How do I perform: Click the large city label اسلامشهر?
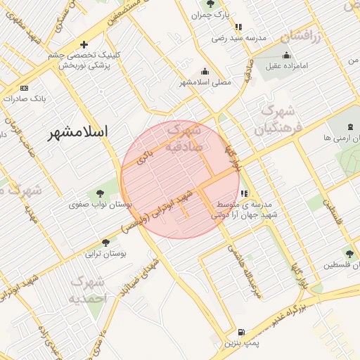point(79,131)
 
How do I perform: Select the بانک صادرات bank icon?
point(25,89)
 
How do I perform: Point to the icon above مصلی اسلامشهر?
point(205,71)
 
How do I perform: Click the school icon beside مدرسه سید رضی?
point(238,27)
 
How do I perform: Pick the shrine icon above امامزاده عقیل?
point(286,56)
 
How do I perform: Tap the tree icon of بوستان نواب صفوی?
point(98,193)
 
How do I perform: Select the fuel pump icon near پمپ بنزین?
point(241,333)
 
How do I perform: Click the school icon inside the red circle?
point(244,193)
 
